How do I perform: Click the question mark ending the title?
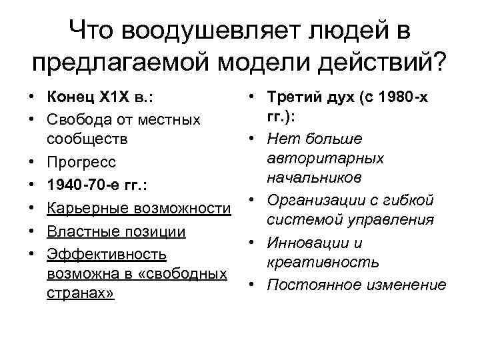(441, 65)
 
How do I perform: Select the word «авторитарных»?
(325, 159)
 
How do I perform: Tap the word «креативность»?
(323, 263)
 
